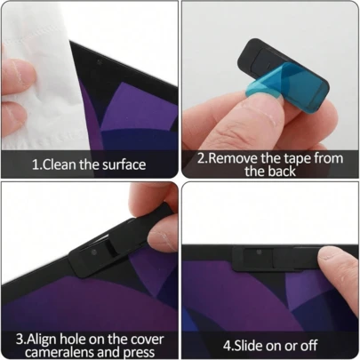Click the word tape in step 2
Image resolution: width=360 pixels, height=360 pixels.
tap(298, 159)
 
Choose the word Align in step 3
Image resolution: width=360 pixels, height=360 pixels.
tap(46, 339)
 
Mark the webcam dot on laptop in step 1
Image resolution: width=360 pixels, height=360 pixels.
tap(96, 67)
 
